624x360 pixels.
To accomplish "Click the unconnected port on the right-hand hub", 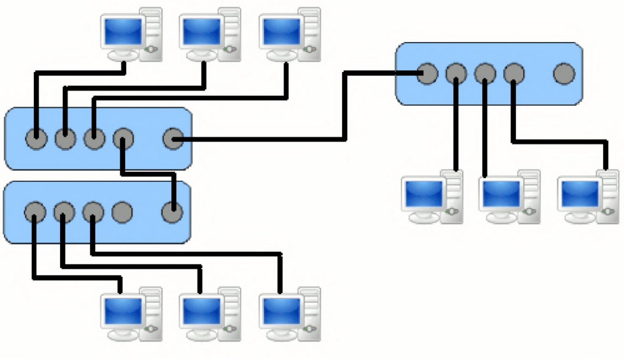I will tap(564, 74).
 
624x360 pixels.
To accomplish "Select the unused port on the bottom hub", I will tap(123, 212).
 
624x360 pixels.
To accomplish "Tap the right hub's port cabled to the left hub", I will tap(427, 74).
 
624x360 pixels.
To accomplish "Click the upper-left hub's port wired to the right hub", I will tap(173, 139).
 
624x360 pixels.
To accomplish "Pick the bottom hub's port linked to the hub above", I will tap(172, 212).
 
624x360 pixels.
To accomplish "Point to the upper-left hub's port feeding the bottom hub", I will tap(123, 139).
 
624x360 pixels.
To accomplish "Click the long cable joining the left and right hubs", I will tap(344, 110).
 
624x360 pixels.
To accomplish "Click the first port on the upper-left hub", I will tap(36, 139).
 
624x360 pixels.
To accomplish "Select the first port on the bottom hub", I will tap(35, 212).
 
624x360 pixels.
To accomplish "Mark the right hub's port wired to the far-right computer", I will tap(514, 74).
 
